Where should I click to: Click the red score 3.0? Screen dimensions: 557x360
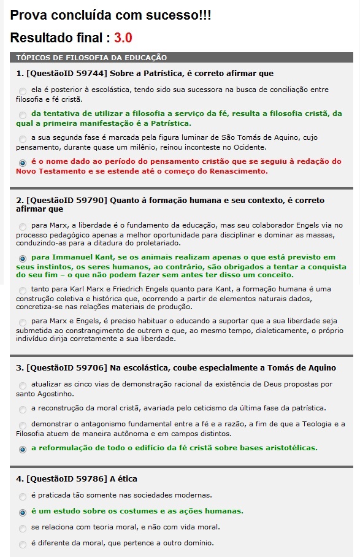[123, 37]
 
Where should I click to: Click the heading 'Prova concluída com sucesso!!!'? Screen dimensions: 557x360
[111, 15]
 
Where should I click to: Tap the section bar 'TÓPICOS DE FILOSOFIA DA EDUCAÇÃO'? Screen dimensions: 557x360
[91, 58]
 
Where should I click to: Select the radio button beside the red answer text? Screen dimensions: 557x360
[23, 163]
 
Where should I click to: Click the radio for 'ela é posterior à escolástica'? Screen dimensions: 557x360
[23, 91]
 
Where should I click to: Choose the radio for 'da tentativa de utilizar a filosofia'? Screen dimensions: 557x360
[23, 115]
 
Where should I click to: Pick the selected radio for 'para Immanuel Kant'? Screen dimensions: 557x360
[23, 258]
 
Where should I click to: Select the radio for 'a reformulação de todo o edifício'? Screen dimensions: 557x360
[23, 449]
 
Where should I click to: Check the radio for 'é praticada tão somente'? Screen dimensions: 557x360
[23, 496]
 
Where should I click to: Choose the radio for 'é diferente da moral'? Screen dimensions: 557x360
[23, 544]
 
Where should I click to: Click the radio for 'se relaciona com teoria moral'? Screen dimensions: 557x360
[23, 528]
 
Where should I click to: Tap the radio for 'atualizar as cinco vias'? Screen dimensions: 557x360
[23, 385]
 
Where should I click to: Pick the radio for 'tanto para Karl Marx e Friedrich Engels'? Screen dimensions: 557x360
[23, 290]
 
